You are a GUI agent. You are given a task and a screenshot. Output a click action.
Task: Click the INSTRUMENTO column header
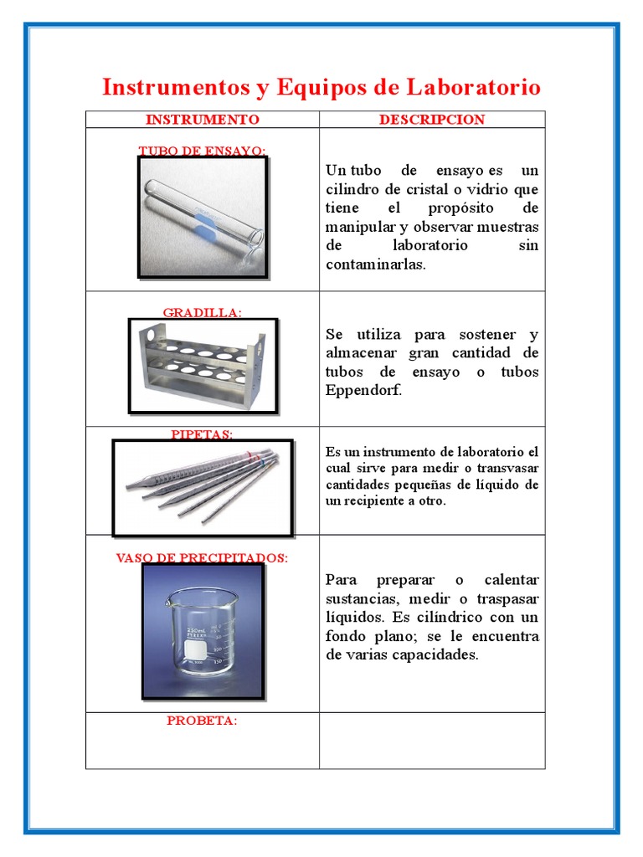click(202, 120)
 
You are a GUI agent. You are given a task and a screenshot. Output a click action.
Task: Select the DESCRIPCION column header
click(431, 120)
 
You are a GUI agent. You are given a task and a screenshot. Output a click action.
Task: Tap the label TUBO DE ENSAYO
click(202, 151)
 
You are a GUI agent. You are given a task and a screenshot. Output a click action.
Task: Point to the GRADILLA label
click(202, 312)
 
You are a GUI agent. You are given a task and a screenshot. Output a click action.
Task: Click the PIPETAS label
click(202, 434)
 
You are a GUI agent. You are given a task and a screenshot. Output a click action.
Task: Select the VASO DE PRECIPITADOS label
click(202, 558)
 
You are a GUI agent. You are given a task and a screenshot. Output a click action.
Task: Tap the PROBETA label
click(202, 721)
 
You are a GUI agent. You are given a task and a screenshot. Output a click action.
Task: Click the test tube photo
click(203, 218)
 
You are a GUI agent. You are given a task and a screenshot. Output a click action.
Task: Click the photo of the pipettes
click(203, 487)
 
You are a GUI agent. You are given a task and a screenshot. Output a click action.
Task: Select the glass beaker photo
click(203, 632)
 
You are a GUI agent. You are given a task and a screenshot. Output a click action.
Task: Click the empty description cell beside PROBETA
click(431, 741)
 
